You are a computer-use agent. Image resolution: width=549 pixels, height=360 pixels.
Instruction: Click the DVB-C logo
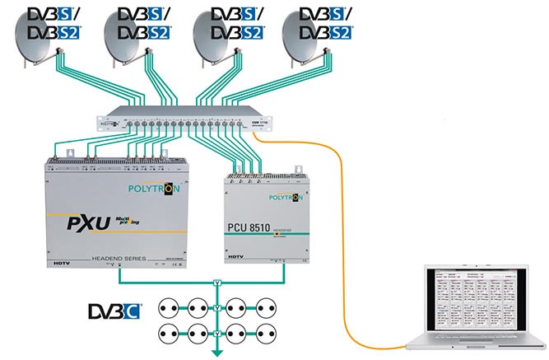[x=114, y=311]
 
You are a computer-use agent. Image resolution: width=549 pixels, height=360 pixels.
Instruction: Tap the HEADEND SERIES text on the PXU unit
[x=120, y=258]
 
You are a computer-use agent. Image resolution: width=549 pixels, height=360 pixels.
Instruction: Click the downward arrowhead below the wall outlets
[x=218, y=353]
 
